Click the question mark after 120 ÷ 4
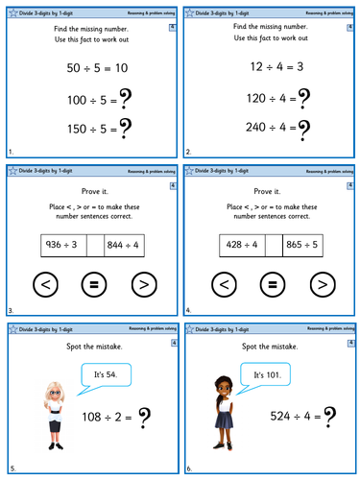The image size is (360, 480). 304,99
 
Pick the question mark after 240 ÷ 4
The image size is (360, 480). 304,130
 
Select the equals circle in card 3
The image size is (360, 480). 89,285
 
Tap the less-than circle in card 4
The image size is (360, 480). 224,285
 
